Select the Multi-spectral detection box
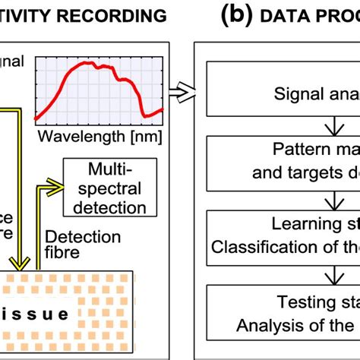111,187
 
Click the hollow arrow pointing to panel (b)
181,92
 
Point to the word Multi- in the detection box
112,169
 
